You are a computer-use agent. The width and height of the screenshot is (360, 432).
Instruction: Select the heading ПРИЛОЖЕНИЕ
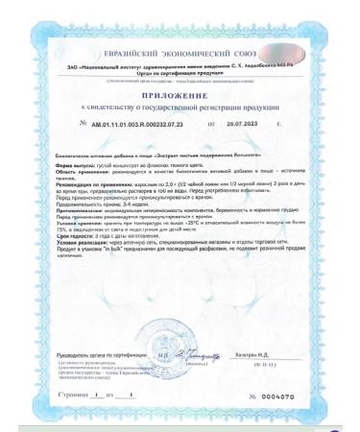tap(180, 98)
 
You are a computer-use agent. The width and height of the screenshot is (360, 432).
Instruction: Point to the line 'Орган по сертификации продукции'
tap(180, 72)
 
